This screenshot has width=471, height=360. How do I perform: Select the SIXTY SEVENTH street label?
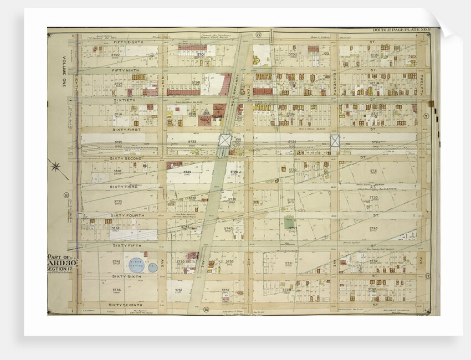125,305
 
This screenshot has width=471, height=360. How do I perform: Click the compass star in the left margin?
57,166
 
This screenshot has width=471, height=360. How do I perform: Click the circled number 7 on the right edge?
426,116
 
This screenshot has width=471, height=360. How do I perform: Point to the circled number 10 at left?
66,194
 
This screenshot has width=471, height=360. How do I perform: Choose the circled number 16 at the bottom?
206,310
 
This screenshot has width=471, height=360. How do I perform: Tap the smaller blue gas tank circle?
153,264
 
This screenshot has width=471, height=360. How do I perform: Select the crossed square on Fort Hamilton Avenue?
224,140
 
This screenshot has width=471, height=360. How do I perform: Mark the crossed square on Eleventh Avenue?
335,140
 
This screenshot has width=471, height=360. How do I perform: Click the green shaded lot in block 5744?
289,223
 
